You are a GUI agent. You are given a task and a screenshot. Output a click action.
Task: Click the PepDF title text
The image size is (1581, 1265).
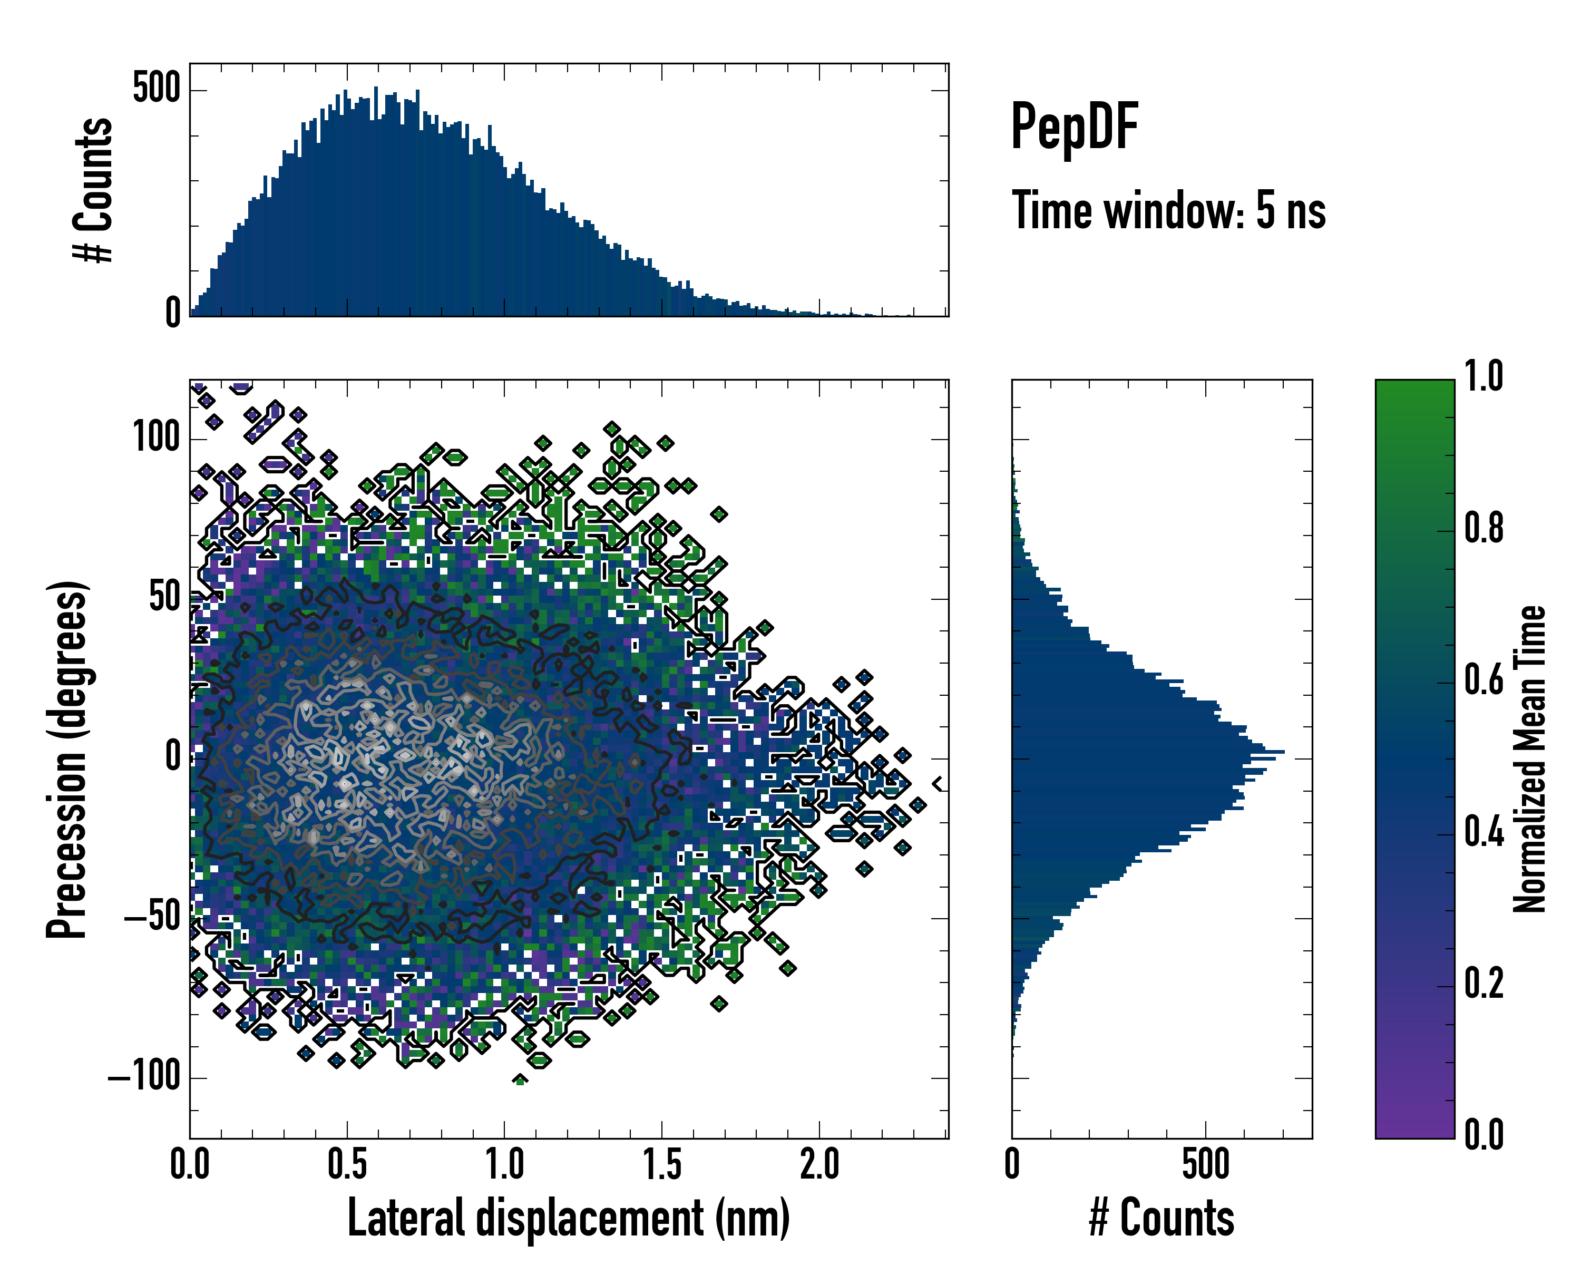pos(1073,127)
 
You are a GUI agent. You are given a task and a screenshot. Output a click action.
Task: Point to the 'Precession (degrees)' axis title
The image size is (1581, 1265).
pos(67,759)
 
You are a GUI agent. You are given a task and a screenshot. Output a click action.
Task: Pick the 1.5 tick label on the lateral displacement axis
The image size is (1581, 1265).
pos(662,1164)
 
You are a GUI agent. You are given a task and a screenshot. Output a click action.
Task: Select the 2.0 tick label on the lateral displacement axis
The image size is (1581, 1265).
pos(819,1164)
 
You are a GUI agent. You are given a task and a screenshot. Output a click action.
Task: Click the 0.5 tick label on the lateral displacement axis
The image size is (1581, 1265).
pos(347,1164)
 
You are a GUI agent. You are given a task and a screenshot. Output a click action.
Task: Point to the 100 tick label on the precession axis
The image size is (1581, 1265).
pos(156,439)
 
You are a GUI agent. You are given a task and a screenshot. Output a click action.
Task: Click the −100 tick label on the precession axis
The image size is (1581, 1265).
pos(144,1077)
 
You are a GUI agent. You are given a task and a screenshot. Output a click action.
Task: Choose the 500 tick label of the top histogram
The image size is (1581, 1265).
pos(156,90)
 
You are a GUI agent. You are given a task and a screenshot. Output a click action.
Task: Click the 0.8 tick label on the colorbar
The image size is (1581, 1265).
pos(1484,529)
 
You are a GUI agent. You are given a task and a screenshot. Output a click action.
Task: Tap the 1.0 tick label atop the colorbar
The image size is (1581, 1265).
pos(1484,376)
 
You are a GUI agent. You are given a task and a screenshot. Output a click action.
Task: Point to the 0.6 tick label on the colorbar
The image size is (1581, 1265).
pos(1484,680)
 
